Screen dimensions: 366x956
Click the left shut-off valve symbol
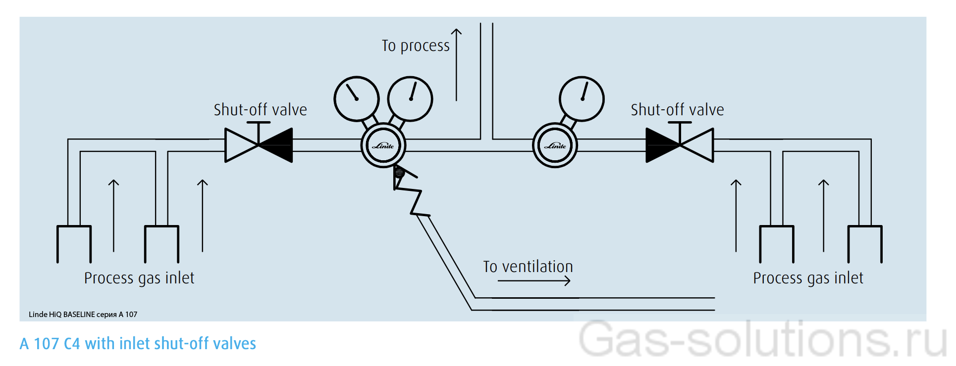(x=259, y=145)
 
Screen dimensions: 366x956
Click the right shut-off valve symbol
(x=680, y=145)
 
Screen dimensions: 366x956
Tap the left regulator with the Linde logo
(x=383, y=145)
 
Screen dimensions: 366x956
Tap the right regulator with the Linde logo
(x=555, y=145)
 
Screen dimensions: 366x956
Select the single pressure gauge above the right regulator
(x=582, y=99)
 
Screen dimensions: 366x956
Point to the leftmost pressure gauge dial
(x=357, y=99)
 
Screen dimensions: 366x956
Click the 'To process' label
(x=416, y=46)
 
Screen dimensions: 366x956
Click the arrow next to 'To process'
(x=456, y=64)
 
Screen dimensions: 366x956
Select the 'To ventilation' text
(x=528, y=267)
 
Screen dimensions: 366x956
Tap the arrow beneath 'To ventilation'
(x=534, y=281)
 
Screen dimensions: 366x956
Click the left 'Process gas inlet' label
(x=139, y=278)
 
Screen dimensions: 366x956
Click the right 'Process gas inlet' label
(x=808, y=278)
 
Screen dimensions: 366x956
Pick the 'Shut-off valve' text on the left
(x=260, y=110)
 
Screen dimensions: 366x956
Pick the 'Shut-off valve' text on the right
(x=677, y=110)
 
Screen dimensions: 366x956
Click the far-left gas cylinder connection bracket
(x=74, y=242)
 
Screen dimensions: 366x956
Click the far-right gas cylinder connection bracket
(x=865, y=242)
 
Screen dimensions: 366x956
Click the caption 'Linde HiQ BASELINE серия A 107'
(x=83, y=315)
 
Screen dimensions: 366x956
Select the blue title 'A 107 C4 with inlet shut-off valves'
(x=138, y=344)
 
